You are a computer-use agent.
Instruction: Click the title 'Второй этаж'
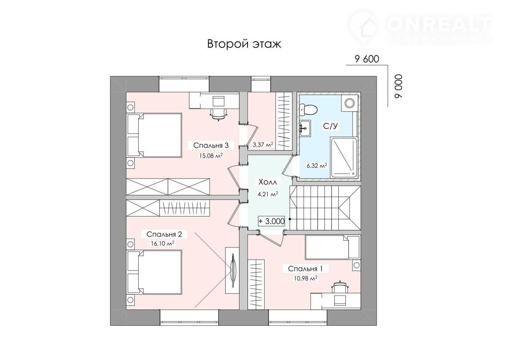pos(244,44)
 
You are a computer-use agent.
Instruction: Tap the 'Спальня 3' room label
pos(211,145)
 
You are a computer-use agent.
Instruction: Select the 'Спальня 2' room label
pos(164,234)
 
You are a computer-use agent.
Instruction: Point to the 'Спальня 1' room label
pos(305,269)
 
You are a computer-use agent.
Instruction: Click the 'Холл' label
pos(268,182)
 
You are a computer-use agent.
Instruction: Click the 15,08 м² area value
pos(211,156)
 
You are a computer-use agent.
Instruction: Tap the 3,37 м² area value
pos(263,145)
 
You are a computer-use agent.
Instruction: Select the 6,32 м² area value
pos(316,166)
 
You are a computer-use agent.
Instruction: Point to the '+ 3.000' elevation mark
pos(271,221)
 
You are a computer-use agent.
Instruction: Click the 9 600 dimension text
pos(367,59)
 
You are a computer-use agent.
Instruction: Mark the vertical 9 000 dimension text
pos(399,86)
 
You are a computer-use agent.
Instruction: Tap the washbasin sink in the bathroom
pos(305,128)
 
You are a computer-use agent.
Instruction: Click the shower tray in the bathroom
pos(343,157)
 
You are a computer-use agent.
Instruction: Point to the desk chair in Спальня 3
pos(218,114)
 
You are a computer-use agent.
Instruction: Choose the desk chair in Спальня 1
pos(340,287)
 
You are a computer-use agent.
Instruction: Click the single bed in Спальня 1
pos(332,247)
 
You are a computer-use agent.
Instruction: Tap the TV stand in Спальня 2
pos(232,270)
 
